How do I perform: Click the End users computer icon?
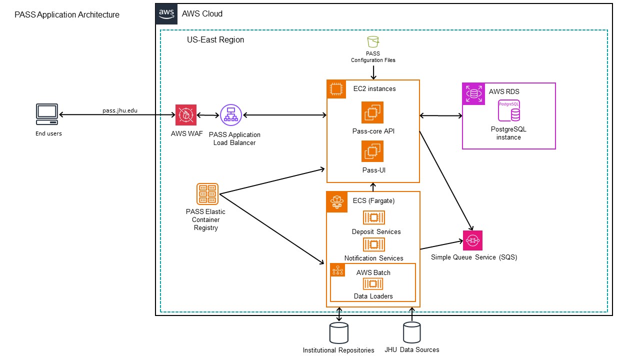(x=47, y=114)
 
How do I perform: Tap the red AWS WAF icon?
(x=186, y=115)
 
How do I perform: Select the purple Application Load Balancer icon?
(x=230, y=115)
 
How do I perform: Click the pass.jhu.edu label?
(x=116, y=110)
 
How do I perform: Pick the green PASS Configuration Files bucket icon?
(x=372, y=42)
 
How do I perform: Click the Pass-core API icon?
(x=372, y=112)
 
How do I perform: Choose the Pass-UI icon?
(x=372, y=151)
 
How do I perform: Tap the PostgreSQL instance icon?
(x=509, y=111)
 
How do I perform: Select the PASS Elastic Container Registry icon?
(x=207, y=194)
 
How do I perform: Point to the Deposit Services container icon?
(x=373, y=217)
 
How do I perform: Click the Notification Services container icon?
(x=373, y=244)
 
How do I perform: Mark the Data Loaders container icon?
(x=373, y=284)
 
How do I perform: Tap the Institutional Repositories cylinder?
(x=338, y=332)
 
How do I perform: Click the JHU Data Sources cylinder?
(x=412, y=332)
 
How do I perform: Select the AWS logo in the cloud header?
(x=166, y=14)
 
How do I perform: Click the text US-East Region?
(x=215, y=39)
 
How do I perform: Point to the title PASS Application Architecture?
(x=67, y=15)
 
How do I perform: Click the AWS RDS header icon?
(x=473, y=93)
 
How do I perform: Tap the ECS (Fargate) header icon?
(x=336, y=201)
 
